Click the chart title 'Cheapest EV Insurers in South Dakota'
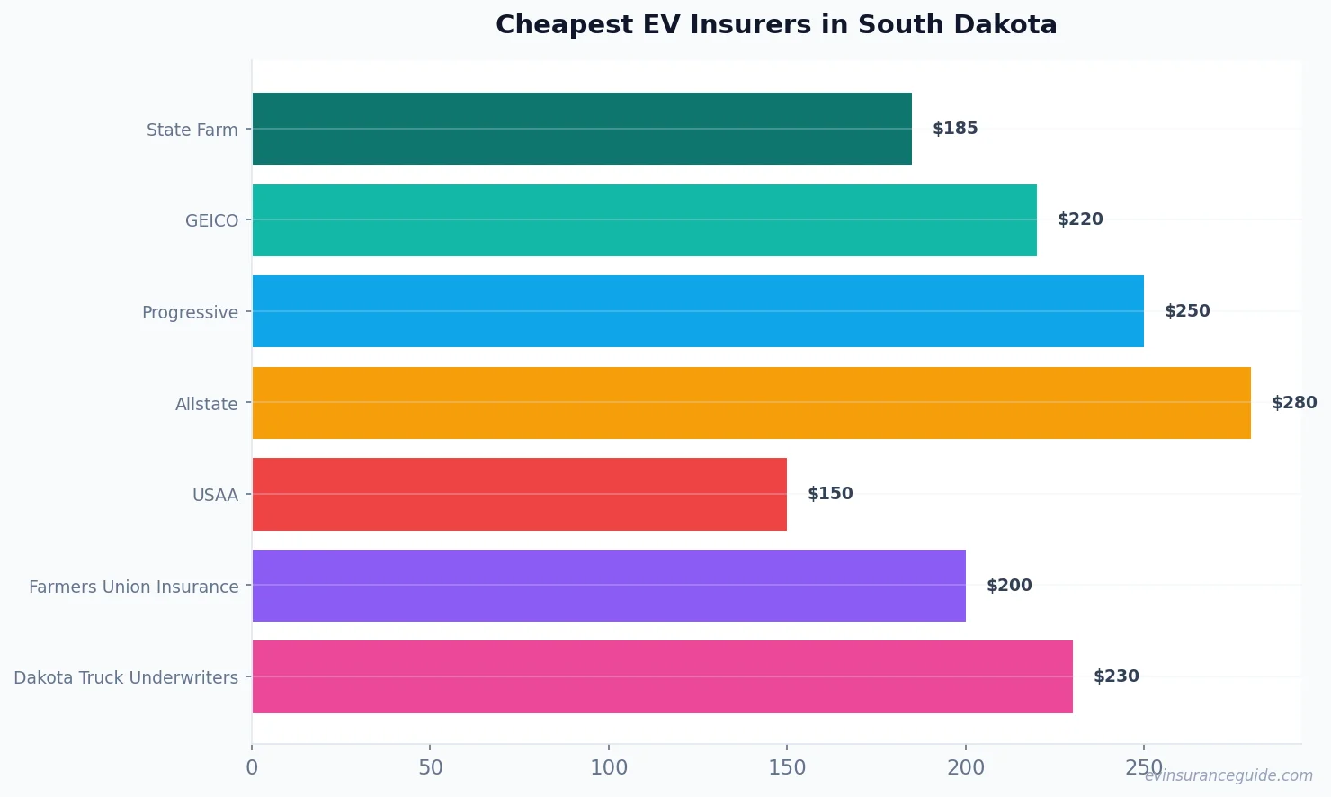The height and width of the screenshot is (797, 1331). pyautogui.click(x=776, y=25)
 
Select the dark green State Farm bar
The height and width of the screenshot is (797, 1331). pyautogui.click(x=582, y=129)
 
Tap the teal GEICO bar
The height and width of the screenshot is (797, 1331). pyautogui.click(x=644, y=220)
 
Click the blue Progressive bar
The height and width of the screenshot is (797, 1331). pyautogui.click(x=698, y=311)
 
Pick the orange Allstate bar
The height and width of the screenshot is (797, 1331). pyautogui.click(x=751, y=403)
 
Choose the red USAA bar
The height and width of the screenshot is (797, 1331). pyautogui.click(x=519, y=494)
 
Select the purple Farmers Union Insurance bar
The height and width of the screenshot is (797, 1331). pyautogui.click(x=609, y=586)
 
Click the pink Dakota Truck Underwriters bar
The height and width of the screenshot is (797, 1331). pyautogui.click(x=662, y=676)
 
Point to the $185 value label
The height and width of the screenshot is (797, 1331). pyautogui.click(x=955, y=129)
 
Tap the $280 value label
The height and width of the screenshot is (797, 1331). pyautogui.click(x=1293, y=403)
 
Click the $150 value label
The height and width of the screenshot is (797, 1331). pyautogui.click(x=830, y=494)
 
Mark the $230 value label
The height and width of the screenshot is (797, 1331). pyautogui.click(x=1116, y=676)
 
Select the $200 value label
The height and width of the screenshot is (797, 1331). pyautogui.click(x=1009, y=586)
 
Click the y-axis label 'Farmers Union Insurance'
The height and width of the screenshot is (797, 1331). pyautogui.click(x=134, y=587)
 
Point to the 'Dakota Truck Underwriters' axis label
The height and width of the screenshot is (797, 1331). pyautogui.click(x=126, y=678)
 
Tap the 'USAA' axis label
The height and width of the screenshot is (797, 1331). pyautogui.click(x=215, y=496)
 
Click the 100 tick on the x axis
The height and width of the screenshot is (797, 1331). pyautogui.click(x=609, y=767)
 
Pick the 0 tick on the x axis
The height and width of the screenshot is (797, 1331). pyautogui.click(x=252, y=767)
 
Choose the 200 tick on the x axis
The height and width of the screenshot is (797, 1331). pyautogui.click(x=966, y=767)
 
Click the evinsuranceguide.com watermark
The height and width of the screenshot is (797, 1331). pyautogui.click(x=1228, y=775)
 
